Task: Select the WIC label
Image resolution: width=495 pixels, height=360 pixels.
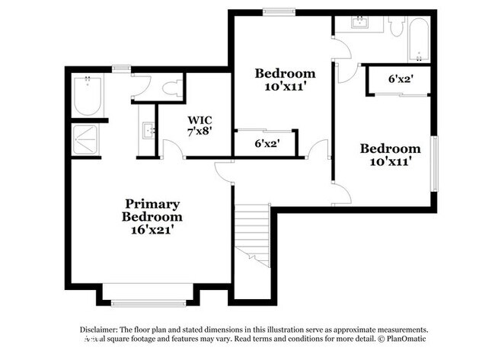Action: (x=200, y=119)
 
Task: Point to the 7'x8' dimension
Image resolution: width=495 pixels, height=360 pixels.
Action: (x=200, y=130)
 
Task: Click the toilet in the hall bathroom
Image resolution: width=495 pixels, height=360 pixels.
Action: (x=395, y=27)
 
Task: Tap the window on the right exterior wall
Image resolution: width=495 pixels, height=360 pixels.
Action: (x=434, y=164)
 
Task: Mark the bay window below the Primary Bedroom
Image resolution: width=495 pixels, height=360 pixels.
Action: (x=148, y=302)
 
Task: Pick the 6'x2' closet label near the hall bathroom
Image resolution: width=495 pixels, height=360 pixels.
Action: (x=400, y=78)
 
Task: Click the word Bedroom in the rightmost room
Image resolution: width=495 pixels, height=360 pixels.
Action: (x=390, y=149)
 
